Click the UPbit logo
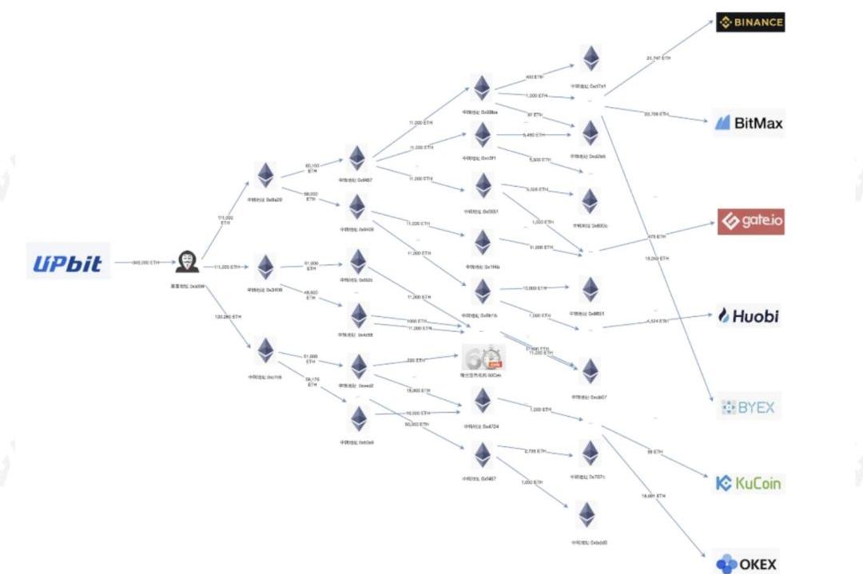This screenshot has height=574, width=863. click(x=68, y=262)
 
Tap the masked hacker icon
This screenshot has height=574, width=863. click(x=187, y=262)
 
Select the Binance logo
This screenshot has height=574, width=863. click(x=750, y=22)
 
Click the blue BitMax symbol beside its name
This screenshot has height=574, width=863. click(x=723, y=123)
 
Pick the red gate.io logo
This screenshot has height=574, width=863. click(x=750, y=221)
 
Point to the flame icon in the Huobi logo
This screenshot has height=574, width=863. click(x=725, y=316)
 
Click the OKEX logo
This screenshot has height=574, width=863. click(x=746, y=564)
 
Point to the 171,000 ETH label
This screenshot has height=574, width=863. click(x=225, y=220)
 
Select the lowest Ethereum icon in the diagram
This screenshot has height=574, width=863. click(x=589, y=514)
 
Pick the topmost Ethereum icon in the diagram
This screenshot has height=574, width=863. click(x=591, y=57)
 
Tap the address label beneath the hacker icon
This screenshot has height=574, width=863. click(x=188, y=285)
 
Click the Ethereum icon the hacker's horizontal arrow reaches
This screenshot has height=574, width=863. click(x=265, y=266)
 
